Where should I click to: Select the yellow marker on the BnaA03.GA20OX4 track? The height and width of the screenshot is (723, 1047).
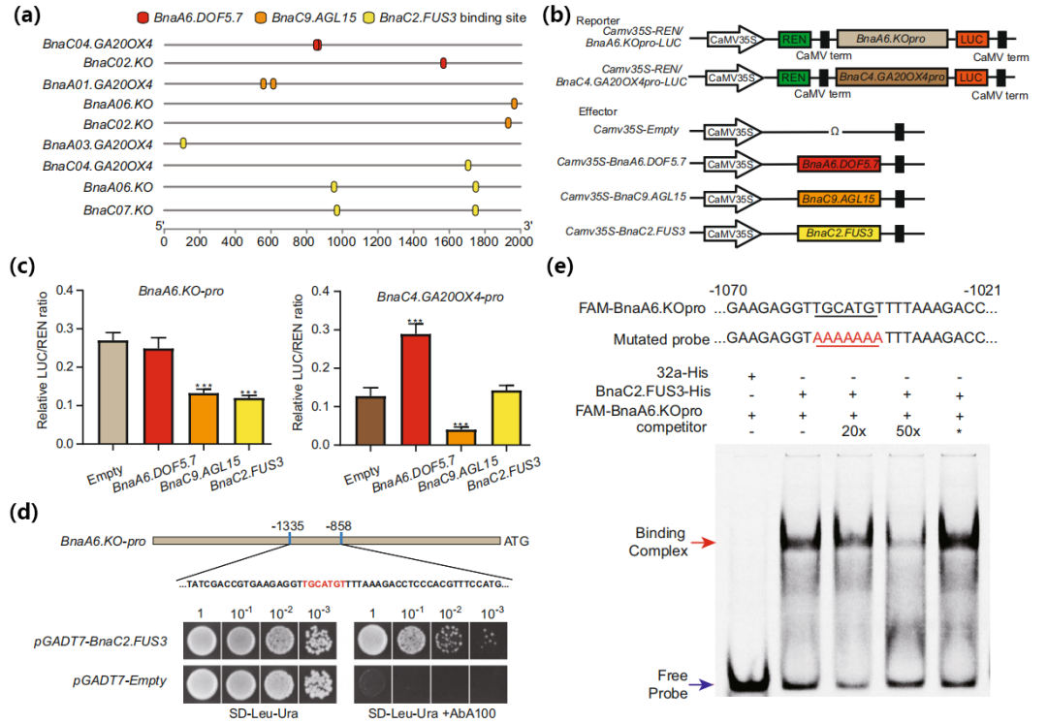tap(183, 143)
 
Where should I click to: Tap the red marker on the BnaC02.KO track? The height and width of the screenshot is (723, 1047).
tap(443, 63)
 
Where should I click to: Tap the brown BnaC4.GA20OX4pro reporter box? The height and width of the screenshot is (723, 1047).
tap(893, 77)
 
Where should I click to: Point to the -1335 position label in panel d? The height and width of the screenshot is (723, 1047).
tap(290, 525)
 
